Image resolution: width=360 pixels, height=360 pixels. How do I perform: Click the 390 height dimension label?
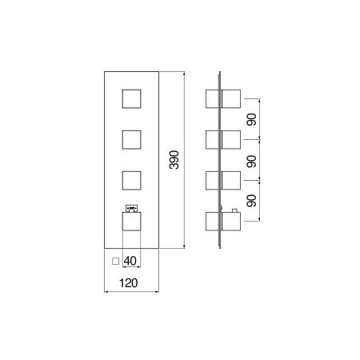174,160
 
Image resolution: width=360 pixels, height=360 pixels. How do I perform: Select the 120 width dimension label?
128,283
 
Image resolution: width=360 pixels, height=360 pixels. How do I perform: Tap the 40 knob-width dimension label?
130,261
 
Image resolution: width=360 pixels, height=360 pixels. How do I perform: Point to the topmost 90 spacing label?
251,119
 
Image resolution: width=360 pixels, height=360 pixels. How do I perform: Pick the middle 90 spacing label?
251,162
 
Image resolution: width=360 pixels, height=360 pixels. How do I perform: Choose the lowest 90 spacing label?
251,201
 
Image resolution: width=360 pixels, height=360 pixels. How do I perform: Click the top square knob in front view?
131,99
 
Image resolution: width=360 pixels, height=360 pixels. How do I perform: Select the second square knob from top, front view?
131,140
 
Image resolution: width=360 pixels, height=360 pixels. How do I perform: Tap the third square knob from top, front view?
131,181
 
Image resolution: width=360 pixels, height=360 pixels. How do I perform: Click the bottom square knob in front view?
131,222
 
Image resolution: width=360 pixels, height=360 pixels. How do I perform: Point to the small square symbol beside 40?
115,262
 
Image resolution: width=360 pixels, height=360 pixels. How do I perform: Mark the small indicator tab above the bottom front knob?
131,208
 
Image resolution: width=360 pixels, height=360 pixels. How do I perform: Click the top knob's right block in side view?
231,99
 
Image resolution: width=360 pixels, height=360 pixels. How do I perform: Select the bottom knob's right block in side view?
231,222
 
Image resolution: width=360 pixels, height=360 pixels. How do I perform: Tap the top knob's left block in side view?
212,99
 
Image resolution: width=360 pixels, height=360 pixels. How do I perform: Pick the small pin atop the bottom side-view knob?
235,210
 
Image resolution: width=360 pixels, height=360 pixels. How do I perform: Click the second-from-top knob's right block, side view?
231,140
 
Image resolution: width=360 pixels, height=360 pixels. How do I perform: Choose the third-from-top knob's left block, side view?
212,181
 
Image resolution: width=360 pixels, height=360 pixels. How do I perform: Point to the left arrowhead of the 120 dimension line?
106,292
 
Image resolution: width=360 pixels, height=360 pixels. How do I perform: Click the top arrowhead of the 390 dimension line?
184,74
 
